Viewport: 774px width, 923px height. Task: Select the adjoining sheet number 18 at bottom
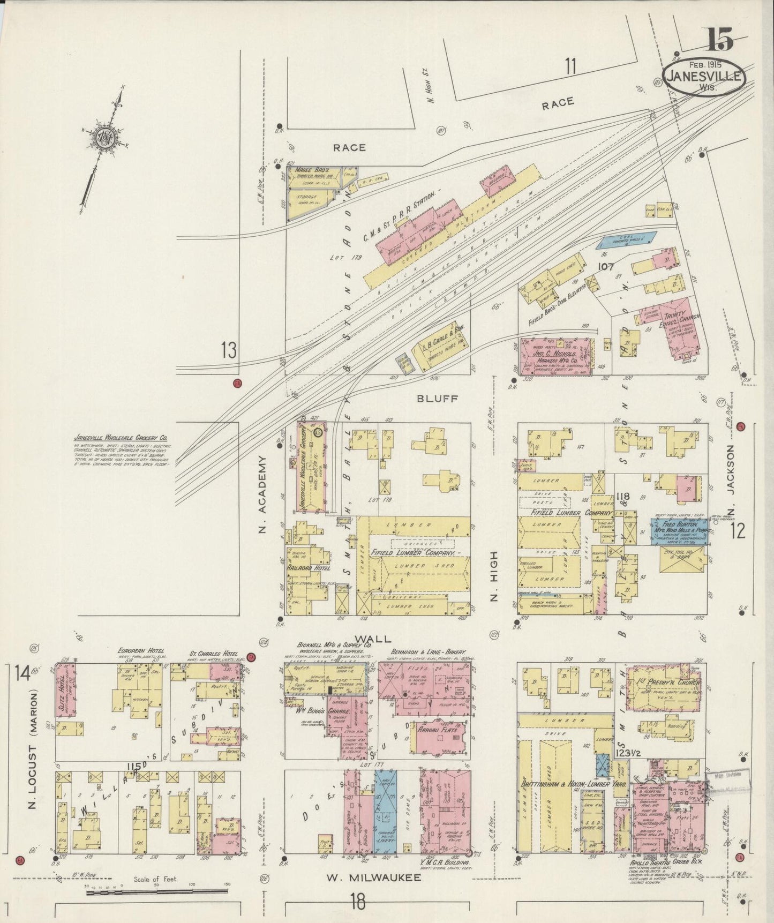click(x=358, y=902)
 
